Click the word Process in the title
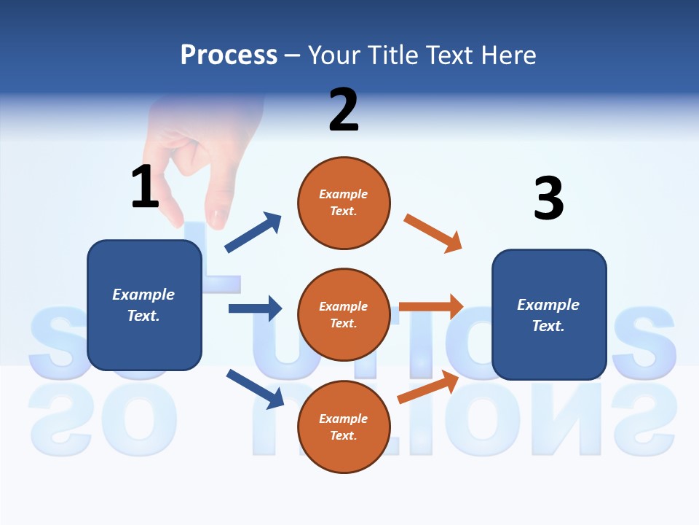pyautogui.click(x=229, y=55)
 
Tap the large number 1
pyautogui.click(x=145, y=187)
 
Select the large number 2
pyautogui.click(x=344, y=109)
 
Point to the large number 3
pyautogui.click(x=548, y=198)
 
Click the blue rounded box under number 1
pyautogui.click(x=144, y=305)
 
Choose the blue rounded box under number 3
pyautogui.click(x=549, y=314)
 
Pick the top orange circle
pyautogui.click(x=344, y=202)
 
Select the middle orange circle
pyautogui.click(x=344, y=314)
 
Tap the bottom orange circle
pyautogui.click(x=344, y=427)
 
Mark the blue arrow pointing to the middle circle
pyautogui.click(x=255, y=308)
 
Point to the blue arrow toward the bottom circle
pyautogui.click(x=255, y=389)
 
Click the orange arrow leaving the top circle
pyautogui.click(x=433, y=233)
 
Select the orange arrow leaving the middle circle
pyautogui.click(x=431, y=307)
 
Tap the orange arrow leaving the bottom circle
pyautogui.click(x=428, y=387)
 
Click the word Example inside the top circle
pyautogui.click(x=344, y=194)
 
